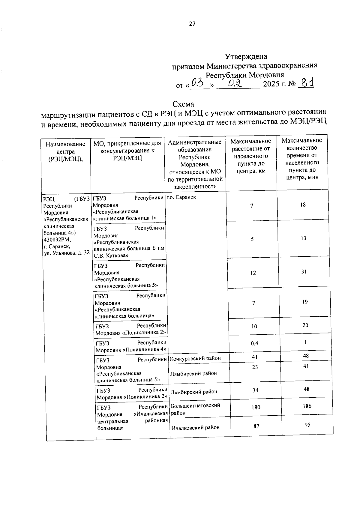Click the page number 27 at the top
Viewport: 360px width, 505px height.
pos(192,24)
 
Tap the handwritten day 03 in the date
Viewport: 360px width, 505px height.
pos(198,82)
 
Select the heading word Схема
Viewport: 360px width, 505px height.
pos(183,104)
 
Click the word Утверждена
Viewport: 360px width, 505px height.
pos(246,56)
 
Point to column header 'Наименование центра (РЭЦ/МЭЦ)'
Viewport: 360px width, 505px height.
pos(65,152)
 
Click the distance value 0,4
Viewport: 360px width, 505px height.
pos(254,343)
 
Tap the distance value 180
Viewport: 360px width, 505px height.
pos(256,407)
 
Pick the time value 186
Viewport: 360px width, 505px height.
pos(307,406)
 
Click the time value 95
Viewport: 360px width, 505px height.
pos(307,425)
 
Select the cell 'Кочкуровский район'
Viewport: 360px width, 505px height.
pos(195,358)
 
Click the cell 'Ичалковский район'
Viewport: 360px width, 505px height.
pos(195,428)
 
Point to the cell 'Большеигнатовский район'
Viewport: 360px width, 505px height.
pos(195,409)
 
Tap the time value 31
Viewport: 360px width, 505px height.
pos(304,272)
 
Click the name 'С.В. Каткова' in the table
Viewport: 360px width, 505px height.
pos(111,255)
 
